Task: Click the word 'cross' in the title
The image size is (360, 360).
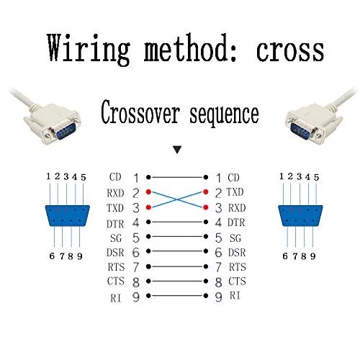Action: (290, 51)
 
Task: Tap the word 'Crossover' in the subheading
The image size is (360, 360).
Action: (140, 112)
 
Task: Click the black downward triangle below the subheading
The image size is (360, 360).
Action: (177, 150)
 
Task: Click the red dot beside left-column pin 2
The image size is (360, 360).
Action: (148, 192)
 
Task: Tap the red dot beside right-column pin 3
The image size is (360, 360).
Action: (206, 207)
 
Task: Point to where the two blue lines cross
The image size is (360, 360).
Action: (177, 199)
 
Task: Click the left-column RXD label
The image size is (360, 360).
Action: (115, 193)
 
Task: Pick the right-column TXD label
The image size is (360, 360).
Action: (235, 192)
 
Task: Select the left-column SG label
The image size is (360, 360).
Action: (116, 238)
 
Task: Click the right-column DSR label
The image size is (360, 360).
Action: (237, 253)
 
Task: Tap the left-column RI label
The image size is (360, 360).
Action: (115, 298)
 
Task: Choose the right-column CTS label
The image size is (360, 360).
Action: (237, 281)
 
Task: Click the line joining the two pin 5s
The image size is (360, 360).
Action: (177, 237)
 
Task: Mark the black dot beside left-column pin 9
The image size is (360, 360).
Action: (148, 296)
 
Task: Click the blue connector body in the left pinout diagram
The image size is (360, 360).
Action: (68, 215)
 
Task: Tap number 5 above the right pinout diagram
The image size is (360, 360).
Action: (317, 177)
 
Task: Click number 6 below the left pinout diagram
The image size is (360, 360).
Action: (52, 256)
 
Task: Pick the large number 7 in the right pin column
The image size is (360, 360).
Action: (218, 267)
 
